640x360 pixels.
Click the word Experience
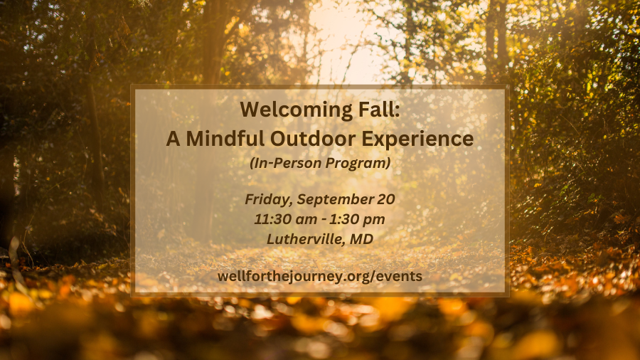point(417,139)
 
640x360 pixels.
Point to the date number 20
point(387,199)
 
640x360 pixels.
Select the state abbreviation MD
point(362,239)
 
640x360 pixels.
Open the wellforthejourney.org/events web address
point(320,276)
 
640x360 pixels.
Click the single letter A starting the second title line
point(173,139)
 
